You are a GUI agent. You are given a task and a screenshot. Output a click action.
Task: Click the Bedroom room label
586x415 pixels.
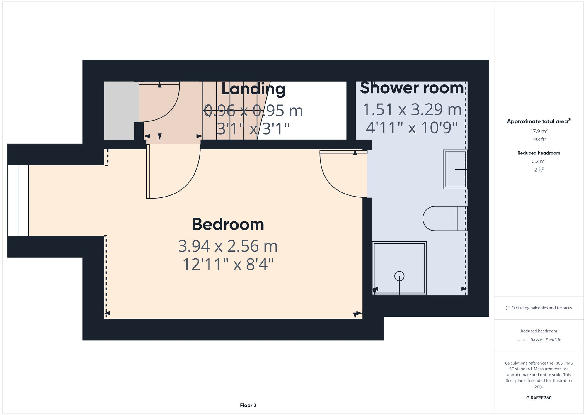click(x=228, y=225)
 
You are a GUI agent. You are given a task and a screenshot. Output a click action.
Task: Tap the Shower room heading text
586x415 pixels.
click(x=412, y=88)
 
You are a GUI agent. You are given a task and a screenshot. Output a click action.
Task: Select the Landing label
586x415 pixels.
click(x=253, y=89)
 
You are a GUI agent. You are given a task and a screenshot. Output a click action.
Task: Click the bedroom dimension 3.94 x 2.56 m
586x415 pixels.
click(x=228, y=246)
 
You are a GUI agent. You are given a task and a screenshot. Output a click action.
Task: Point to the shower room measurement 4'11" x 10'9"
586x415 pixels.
click(x=412, y=128)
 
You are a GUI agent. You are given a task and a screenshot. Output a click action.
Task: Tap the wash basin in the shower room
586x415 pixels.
click(x=454, y=169)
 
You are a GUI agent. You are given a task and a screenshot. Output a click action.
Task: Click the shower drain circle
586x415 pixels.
click(x=399, y=276)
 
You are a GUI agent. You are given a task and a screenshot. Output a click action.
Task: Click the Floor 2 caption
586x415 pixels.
click(x=248, y=405)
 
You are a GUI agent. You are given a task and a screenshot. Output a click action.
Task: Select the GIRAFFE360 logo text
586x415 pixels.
click(x=539, y=398)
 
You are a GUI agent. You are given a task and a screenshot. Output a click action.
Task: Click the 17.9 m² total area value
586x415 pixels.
click(x=539, y=131)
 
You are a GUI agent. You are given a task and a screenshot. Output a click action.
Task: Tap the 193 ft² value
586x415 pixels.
click(x=539, y=139)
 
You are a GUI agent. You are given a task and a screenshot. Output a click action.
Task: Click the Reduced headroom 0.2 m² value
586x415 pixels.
click(x=539, y=161)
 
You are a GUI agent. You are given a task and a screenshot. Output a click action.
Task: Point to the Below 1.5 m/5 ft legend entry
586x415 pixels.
click(x=545, y=340)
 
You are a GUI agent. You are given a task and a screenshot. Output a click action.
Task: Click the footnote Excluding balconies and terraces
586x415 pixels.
click(x=539, y=308)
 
